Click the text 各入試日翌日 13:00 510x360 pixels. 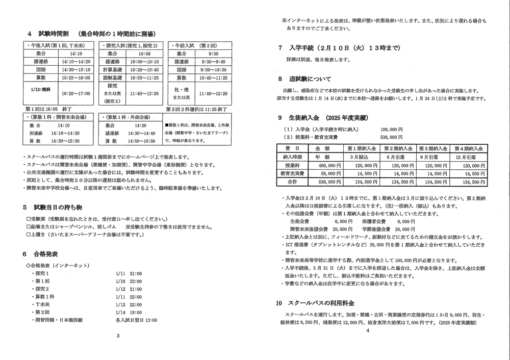(x=136, y=320)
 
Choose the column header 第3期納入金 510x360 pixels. (x=433, y=148)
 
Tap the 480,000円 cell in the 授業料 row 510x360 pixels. (x=327, y=166)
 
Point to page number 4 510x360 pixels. (x=367, y=330)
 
